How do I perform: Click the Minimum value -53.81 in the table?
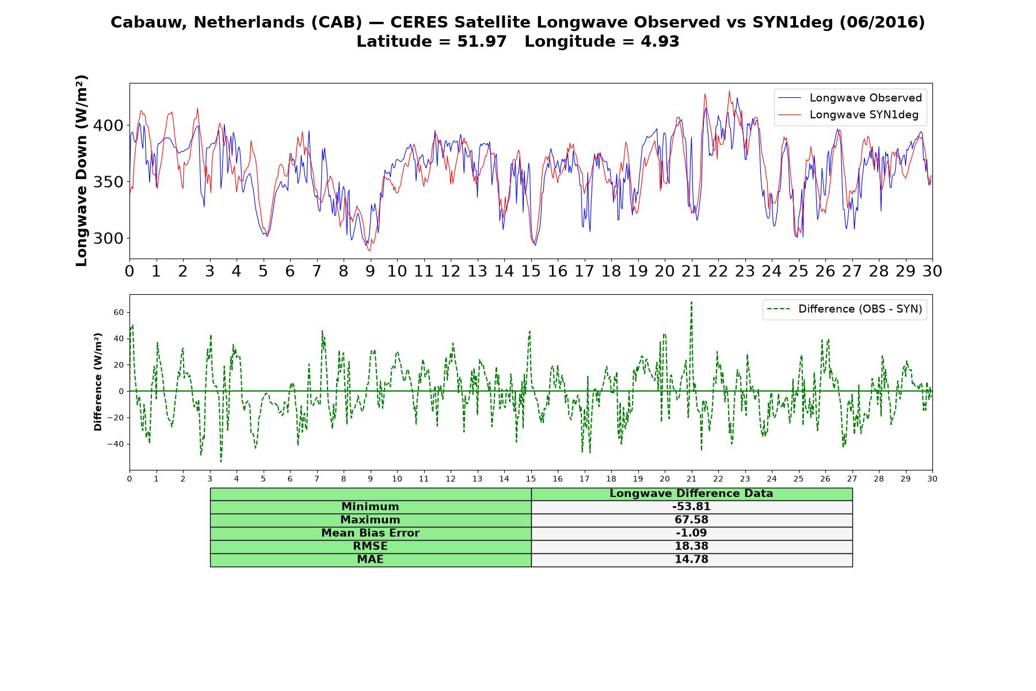click(691, 507)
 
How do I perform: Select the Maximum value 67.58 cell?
click(691, 520)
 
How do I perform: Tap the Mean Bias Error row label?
click(370, 533)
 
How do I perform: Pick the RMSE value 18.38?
click(691, 546)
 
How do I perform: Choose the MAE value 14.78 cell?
click(691, 560)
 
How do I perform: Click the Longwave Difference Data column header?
click(691, 493)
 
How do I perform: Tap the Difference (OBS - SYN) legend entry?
click(844, 309)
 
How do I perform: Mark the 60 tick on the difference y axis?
click(119, 312)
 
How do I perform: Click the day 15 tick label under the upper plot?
click(531, 271)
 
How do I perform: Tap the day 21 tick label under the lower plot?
click(691, 479)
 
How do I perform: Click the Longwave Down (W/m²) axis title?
click(81, 170)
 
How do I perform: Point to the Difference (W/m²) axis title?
click(98, 382)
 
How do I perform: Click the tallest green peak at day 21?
click(691, 302)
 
